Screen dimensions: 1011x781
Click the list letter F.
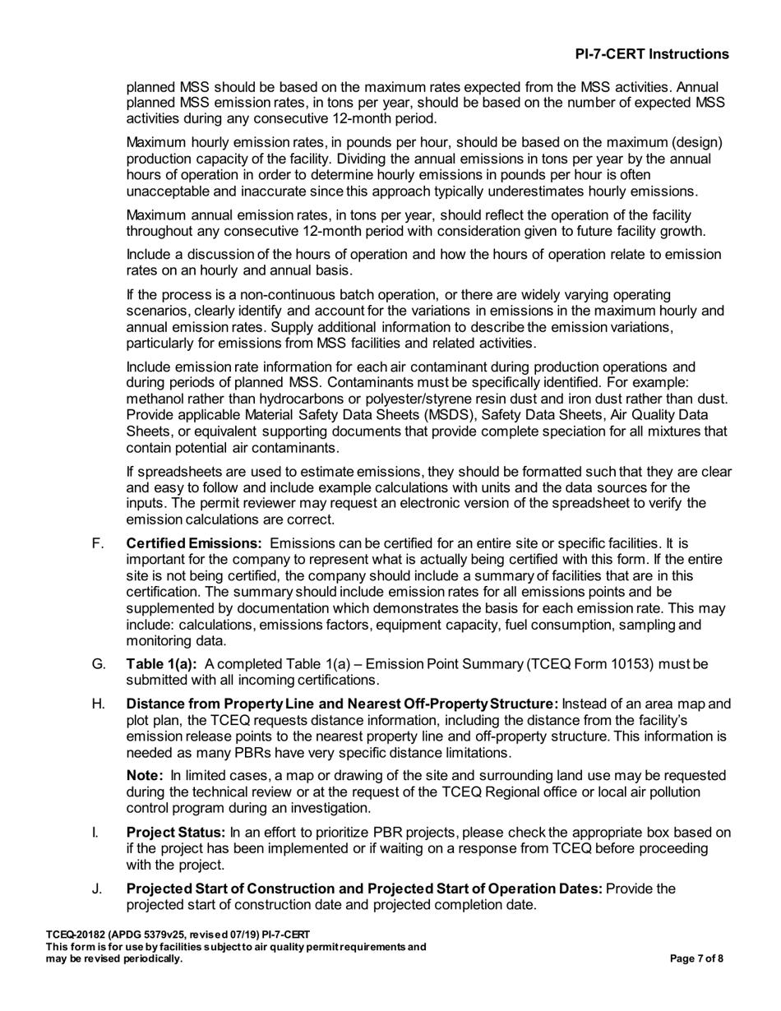coord(95,543)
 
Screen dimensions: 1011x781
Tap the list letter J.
coord(95,889)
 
